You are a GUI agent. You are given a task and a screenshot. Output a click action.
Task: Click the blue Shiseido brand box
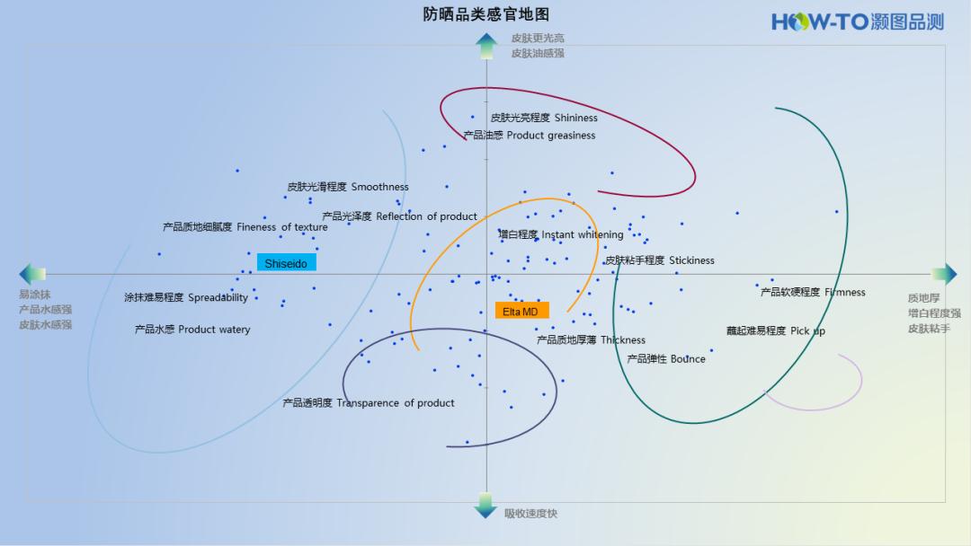coord(286,263)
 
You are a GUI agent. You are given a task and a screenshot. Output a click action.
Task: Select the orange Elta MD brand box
coord(521,311)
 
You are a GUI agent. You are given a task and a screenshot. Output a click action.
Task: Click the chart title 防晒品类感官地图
coord(485,14)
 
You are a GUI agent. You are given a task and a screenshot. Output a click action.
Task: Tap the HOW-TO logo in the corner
coord(857,22)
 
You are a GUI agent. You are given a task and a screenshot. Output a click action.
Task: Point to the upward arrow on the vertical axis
coord(486,45)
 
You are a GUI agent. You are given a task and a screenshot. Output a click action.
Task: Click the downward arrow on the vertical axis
coord(485,506)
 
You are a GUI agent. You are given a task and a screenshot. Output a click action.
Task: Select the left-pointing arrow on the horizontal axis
coord(32,275)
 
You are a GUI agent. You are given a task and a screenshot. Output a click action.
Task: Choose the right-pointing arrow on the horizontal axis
coord(944,275)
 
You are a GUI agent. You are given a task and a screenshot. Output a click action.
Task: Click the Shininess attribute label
coord(544,118)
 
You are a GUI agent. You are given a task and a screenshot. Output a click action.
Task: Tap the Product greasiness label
coord(530,136)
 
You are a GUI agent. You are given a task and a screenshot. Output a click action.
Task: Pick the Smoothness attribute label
coord(348,187)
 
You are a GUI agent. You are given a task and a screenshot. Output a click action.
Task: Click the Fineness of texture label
coord(245,227)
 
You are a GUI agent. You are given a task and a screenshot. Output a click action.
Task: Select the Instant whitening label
coord(561,234)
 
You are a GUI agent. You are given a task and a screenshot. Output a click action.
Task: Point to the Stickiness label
coord(660,260)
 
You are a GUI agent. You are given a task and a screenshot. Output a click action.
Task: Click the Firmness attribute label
coord(813,292)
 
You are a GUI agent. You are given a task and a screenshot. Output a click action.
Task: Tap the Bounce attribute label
coord(666,359)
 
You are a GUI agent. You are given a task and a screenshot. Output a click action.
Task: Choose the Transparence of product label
coord(369,403)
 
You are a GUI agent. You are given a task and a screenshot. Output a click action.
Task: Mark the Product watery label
coord(192,330)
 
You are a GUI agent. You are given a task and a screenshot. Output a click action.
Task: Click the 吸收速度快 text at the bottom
coord(530,514)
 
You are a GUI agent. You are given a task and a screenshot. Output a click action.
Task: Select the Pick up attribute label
coord(776,330)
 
